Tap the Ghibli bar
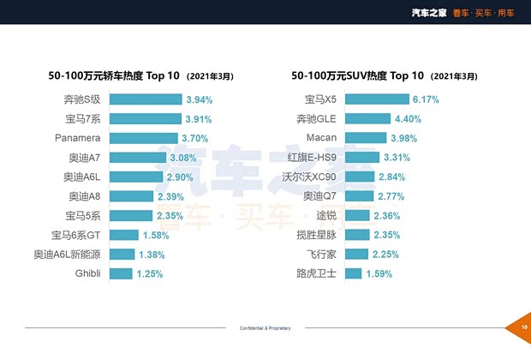(x=121, y=273)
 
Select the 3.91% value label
(x=199, y=119)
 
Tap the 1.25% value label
(x=149, y=273)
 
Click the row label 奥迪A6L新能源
(x=68, y=255)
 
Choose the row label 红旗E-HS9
(x=316, y=158)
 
